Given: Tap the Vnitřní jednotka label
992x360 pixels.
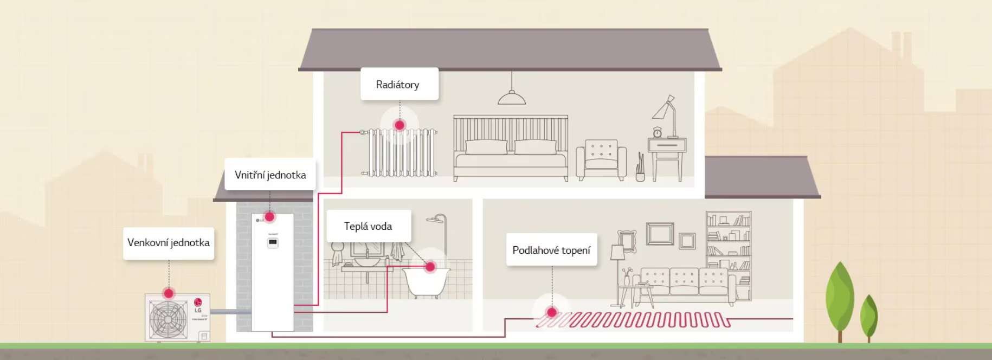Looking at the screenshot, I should (270, 175).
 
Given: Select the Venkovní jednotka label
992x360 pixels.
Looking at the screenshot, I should (169, 242).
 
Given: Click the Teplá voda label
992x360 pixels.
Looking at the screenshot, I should (368, 226).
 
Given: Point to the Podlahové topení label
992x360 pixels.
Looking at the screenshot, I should (551, 250).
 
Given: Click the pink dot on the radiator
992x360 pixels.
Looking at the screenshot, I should (400, 125).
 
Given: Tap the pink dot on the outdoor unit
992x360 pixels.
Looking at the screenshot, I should (169, 293).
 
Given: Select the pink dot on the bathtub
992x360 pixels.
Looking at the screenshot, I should (430, 267).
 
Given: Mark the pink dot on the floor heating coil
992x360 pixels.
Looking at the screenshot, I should (552, 312).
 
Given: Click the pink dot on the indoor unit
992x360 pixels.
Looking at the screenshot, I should (269, 217).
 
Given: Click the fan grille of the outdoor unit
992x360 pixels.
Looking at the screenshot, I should (169, 319).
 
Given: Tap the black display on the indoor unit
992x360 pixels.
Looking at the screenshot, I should (273, 242).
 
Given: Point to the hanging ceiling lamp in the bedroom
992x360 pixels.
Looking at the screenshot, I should (512, 98).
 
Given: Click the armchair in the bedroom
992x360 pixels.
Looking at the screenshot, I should (601, 159).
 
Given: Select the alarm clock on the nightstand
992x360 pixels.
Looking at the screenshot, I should (657, 132).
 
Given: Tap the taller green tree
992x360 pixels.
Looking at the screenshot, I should (840, 295).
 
